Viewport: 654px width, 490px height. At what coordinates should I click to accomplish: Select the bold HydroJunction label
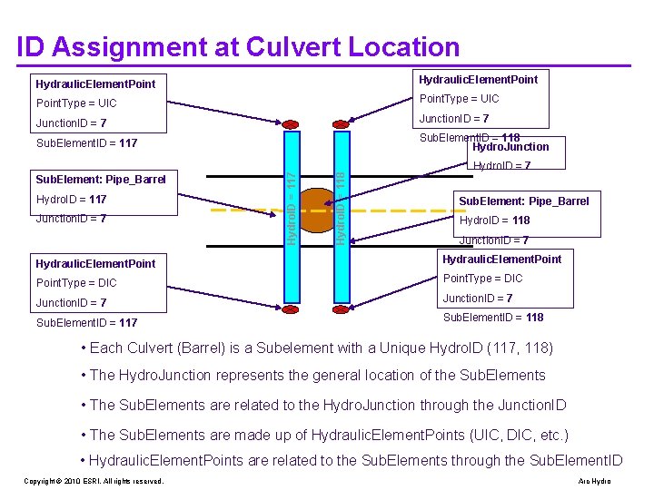[510, 147]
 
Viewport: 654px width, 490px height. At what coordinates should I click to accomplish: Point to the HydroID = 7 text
[501, 166]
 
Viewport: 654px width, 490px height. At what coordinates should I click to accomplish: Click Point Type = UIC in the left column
[76, 103]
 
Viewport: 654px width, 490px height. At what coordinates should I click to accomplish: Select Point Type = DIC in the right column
[482, 279]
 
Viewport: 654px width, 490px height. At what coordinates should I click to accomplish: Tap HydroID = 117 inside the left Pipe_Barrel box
[72, 199]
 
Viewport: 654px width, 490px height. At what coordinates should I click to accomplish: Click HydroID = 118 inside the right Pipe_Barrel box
[495, 220]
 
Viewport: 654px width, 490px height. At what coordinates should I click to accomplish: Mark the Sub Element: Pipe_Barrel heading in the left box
[100, 179]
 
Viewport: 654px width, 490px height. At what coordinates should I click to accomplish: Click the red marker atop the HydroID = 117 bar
[291, 125]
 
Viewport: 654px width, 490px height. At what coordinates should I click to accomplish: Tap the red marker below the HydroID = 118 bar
[339, 309]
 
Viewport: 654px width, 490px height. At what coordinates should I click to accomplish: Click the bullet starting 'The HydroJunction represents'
[317, 376]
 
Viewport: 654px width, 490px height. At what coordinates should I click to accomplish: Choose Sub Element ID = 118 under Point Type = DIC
[493, 318]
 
